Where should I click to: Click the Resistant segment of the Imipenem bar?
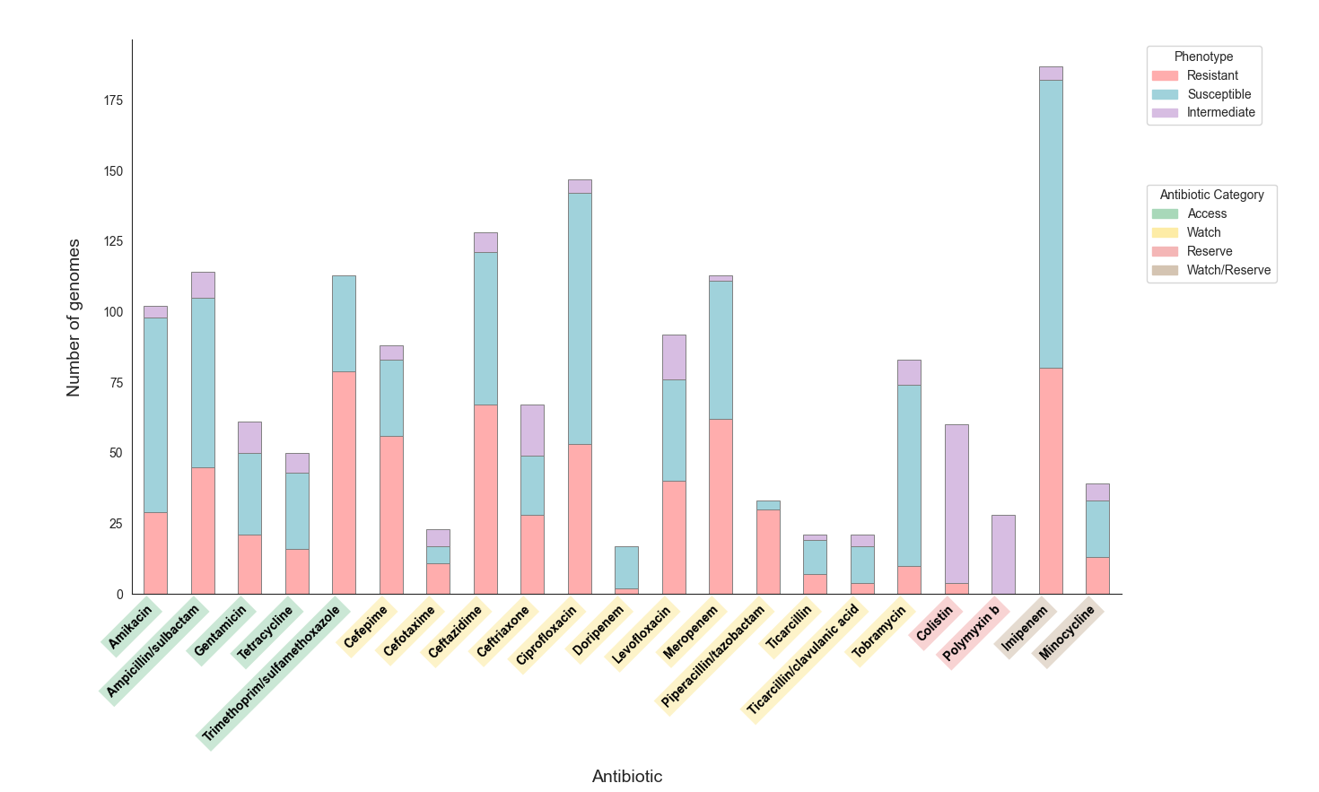click(1051, 481)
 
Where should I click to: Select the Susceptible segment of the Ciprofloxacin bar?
click(580, 318)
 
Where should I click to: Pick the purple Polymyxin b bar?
click(1003, 554)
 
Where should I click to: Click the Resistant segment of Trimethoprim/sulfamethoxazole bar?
click(344, 483)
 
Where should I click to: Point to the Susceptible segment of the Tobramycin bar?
click(909, 475)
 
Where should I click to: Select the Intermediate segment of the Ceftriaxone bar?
click(532, 431)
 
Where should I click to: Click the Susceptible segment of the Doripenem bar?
click(626, 567)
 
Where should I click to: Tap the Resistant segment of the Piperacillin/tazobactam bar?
click(768, 552)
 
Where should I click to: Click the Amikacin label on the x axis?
click(130, 627)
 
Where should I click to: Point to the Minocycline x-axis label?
click(1067, 633)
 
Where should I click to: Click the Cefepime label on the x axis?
click(365, 627)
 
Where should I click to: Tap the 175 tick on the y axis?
click(113, 100)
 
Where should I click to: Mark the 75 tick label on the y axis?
click(116, 383)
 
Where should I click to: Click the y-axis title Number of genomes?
click(74, 318)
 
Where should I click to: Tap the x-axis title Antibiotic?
click(627, 777)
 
